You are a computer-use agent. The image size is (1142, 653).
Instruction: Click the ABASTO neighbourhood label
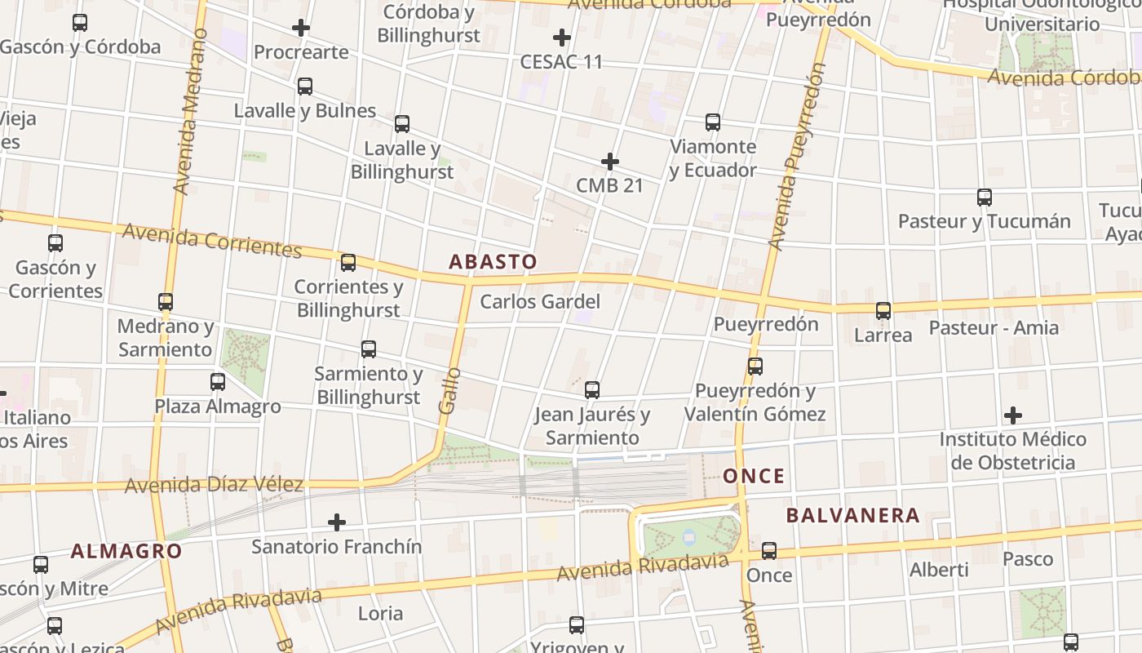click(493, 262)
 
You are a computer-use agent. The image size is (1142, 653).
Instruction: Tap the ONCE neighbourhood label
click(754, 476)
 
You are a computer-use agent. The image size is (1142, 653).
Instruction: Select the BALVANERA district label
click(852, 515)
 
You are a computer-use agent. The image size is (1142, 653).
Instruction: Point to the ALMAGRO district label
click(126, 551)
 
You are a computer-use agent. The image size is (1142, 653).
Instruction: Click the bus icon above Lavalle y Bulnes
click(305, 86)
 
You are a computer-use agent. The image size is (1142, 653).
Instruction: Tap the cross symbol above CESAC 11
click(561, 37)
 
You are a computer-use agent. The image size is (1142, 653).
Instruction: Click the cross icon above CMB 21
click(609, 162)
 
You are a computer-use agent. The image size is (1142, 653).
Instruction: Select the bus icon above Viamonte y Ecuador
click(713, 122)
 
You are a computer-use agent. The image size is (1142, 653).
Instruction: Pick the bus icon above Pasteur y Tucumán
click(985, 197)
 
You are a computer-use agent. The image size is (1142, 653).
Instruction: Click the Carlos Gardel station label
click(540, 301)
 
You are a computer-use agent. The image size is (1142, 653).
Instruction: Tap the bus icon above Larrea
click(883, 311)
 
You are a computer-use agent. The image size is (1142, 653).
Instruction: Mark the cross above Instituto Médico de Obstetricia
click(1013, 415)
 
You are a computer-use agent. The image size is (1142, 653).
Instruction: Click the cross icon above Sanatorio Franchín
click(337, 522)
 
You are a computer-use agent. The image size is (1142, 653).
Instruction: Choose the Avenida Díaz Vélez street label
click(214, 485)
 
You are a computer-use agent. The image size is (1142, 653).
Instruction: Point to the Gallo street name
click(449, 390)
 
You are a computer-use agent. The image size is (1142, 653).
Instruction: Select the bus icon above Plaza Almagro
click(218, 382)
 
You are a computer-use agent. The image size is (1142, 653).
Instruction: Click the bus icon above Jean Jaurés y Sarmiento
click(592, 390)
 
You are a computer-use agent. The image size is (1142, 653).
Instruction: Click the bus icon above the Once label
click(769, 551)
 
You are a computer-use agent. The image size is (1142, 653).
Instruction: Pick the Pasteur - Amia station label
click(994, 328)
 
